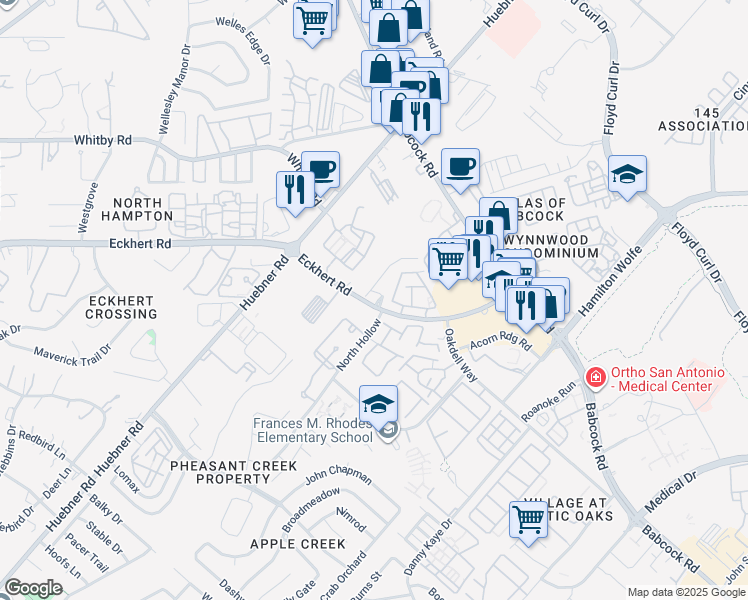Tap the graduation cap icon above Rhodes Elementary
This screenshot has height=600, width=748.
[378, 403]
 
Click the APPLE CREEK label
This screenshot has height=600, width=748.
[297, 544]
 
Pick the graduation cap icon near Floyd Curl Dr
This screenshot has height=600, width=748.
[627, 174]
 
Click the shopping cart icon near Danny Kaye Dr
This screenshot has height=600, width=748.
[528, 518]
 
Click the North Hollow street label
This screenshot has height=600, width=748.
[359, 344]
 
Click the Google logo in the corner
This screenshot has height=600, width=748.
[33, 588]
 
